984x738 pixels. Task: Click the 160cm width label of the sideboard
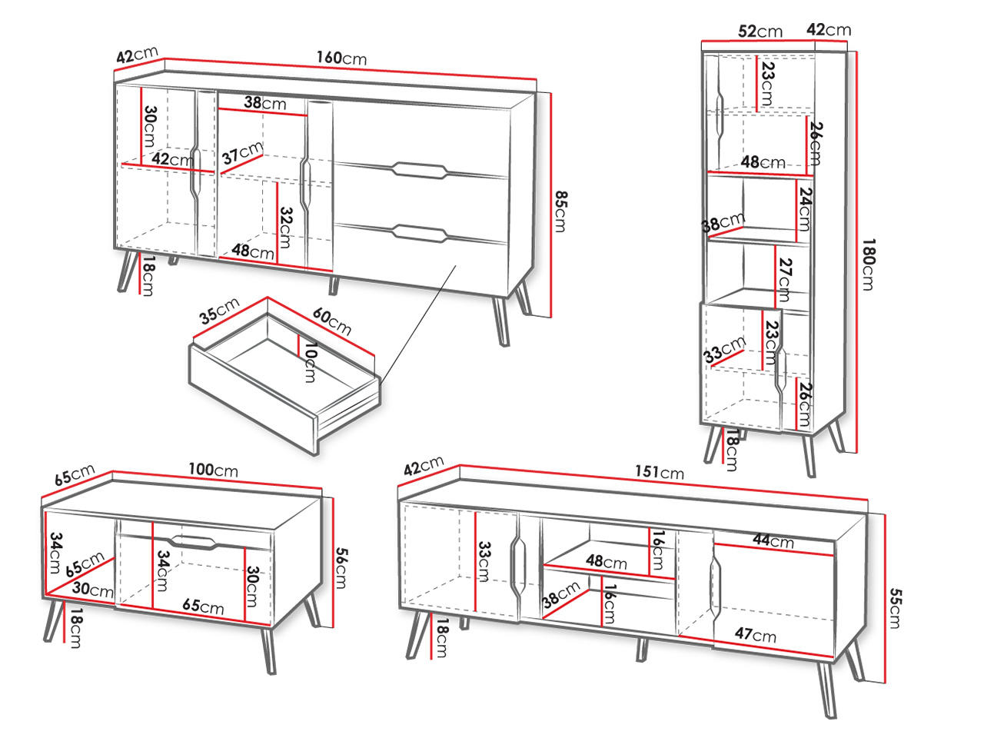coord(341,58)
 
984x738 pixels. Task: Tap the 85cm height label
coord(561,211)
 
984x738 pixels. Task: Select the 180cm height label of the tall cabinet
coord(869,264)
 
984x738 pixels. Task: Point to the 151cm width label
coord(660,472)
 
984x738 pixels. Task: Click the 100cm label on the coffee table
coord(213,470)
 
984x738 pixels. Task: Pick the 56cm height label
coord(341,568)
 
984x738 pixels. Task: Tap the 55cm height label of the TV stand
coord(896,608)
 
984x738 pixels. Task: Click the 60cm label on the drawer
coord(332,321)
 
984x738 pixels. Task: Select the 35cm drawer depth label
coord(219,311)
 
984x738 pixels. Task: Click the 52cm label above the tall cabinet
coord(760,32)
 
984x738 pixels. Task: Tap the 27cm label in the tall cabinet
coord(785,280)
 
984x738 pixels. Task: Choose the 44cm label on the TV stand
coord(773,540)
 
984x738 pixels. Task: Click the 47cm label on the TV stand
coord(756,635)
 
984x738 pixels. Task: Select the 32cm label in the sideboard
coord(285,228)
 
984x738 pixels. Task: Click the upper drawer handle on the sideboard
coord(420,171)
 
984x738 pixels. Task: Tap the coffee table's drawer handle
coord(194,541)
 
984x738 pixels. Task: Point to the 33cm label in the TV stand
coord(484,562)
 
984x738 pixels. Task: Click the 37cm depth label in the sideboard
coord(242,153)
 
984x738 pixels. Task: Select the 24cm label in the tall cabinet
coord(805,209)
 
